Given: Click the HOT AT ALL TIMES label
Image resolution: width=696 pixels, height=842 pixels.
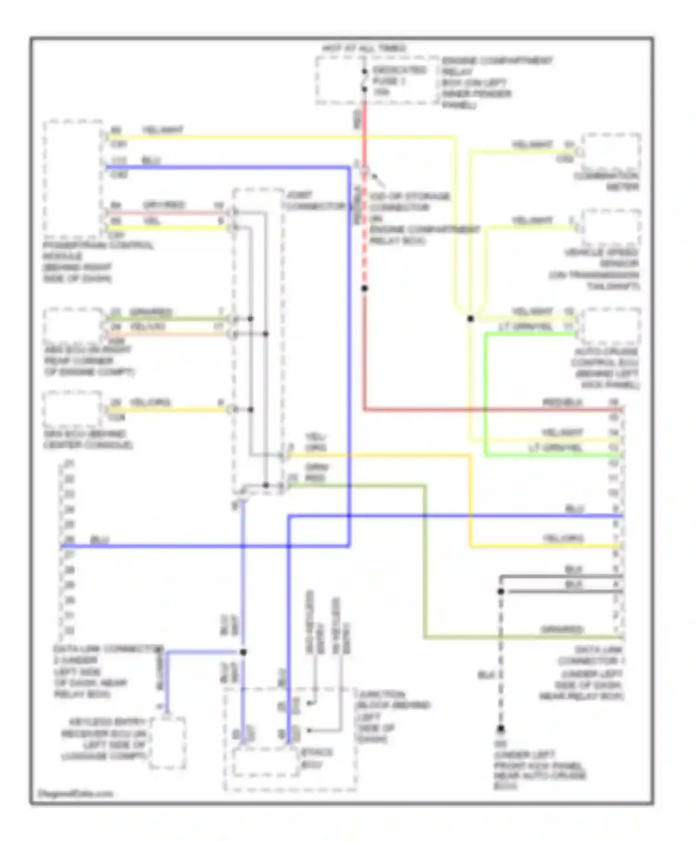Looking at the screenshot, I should tap(364, 48).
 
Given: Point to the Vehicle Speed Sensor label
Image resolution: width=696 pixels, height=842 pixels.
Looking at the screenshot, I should tap(599, 269).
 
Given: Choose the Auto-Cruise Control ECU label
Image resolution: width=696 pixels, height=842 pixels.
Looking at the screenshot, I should tap(606, 368).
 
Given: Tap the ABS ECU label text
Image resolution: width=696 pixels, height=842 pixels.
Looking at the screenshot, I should tap(88, 361).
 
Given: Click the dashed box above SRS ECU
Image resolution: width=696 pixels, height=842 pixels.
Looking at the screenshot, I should tap(72, 408).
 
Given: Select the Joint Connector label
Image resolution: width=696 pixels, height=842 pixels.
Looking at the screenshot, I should tap(315, 201).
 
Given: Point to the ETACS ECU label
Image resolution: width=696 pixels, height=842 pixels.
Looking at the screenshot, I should tap(317, 758).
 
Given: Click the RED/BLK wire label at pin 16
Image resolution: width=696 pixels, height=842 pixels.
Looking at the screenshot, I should tap(562, 402).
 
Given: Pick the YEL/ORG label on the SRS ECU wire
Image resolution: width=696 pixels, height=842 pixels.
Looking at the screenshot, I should tap(150, 402).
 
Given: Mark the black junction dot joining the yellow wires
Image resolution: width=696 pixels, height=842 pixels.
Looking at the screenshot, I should tap(470, 318).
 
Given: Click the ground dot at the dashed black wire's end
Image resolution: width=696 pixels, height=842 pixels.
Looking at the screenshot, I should tap(501, 729).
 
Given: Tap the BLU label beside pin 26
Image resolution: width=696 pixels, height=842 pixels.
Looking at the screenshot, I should tap(99, 539).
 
